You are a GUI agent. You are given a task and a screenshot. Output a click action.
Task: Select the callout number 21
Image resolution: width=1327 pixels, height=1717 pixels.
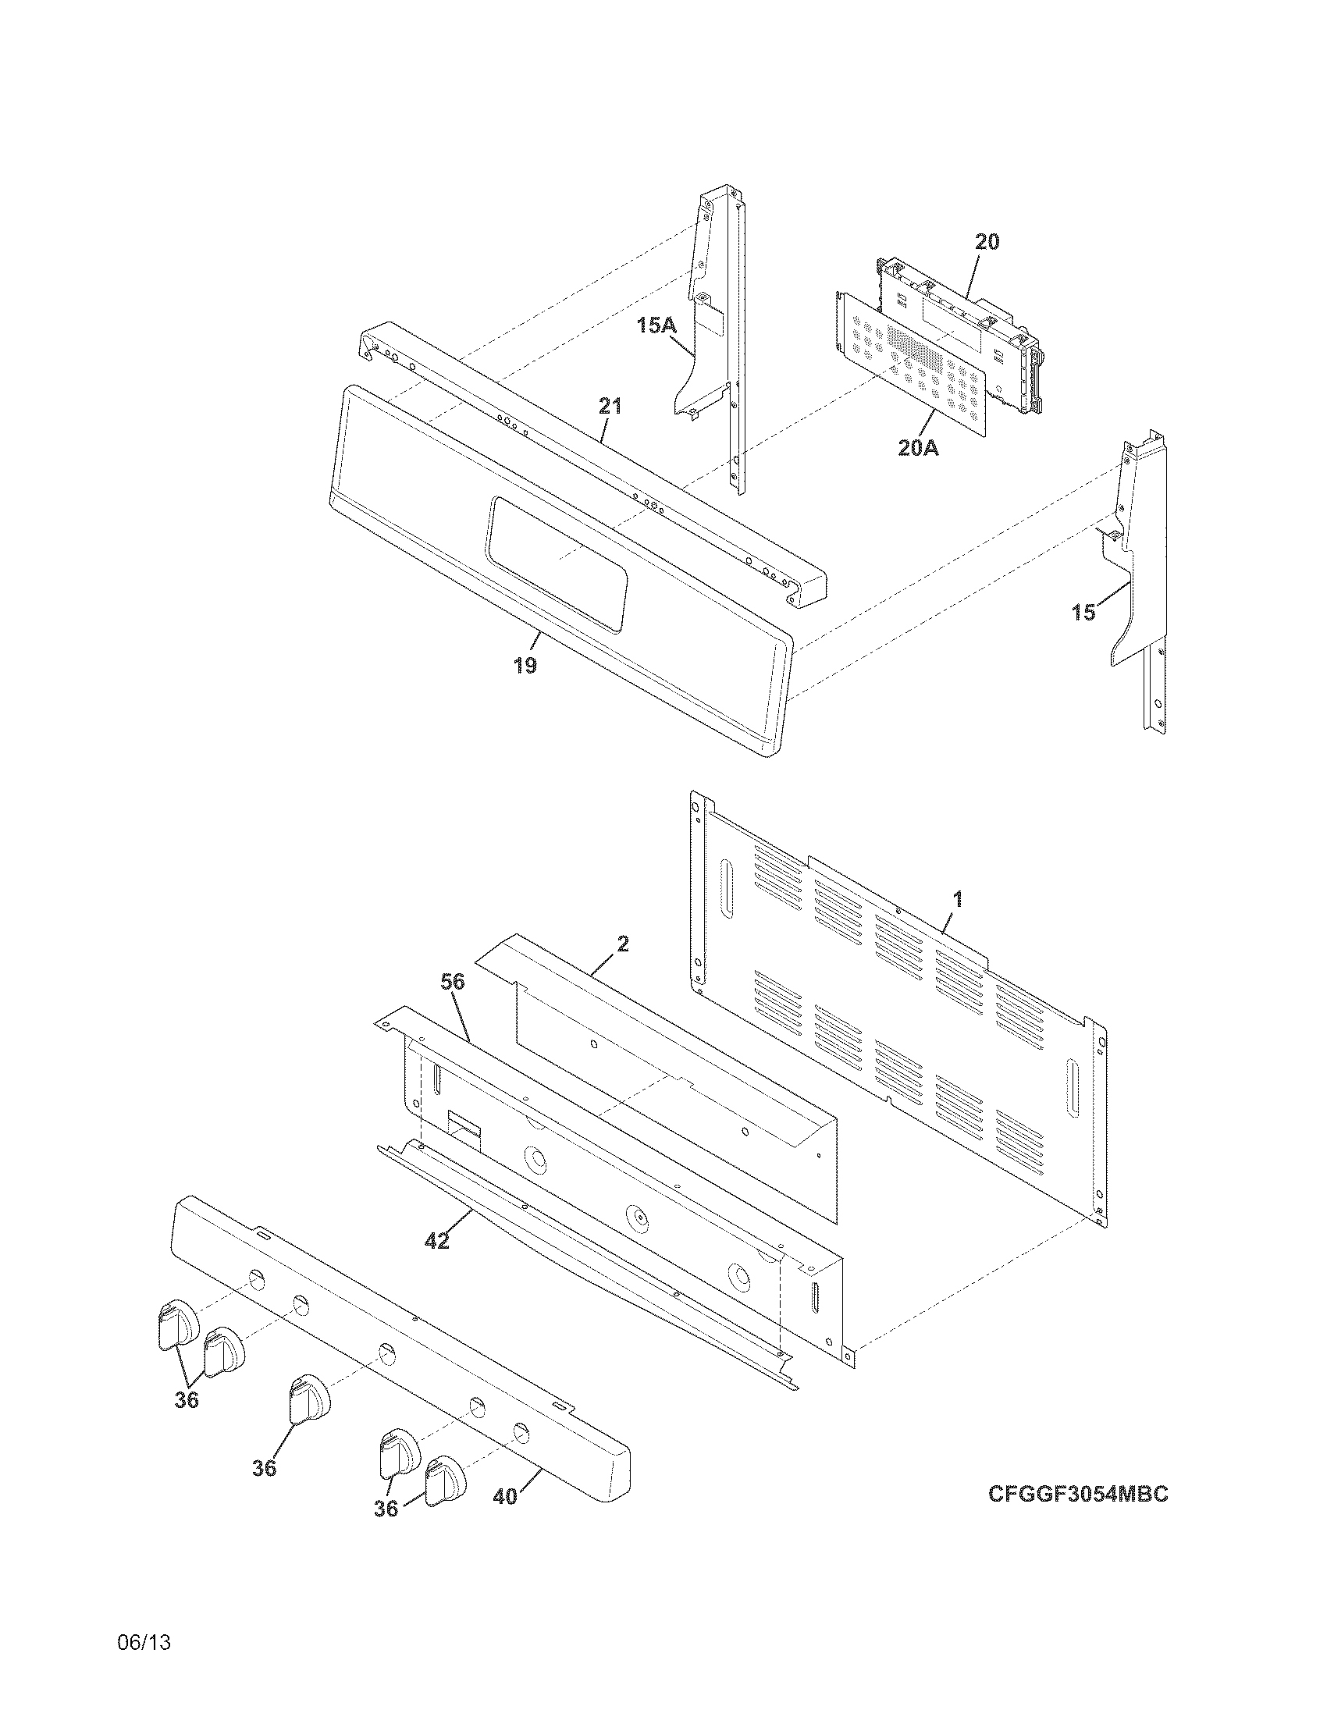610,407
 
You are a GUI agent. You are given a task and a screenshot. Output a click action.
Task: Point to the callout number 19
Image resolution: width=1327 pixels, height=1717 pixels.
525,666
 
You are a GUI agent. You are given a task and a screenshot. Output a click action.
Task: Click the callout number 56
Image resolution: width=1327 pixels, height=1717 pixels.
452,981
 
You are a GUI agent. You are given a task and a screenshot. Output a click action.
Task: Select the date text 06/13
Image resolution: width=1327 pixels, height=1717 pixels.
144,1641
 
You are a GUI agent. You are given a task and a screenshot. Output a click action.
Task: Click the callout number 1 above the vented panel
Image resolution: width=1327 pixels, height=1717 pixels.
958,899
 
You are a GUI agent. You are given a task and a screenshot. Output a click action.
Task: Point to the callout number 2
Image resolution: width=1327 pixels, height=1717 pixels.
623,944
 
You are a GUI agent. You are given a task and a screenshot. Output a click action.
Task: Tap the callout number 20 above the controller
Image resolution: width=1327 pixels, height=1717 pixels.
987,242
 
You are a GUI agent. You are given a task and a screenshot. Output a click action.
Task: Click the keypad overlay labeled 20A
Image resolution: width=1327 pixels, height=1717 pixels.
912,361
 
